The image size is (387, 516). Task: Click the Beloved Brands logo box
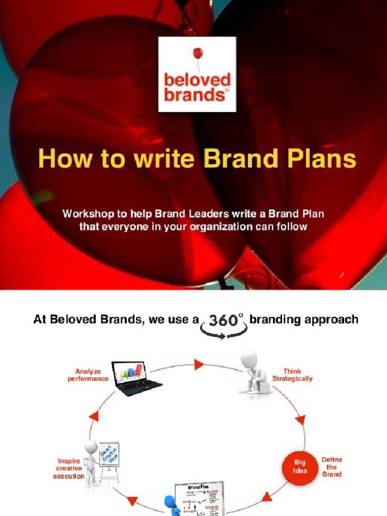(197, 74)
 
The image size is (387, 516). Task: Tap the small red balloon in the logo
(198, 53)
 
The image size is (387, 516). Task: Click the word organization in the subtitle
(221, 226)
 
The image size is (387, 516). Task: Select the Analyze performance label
(88, 375)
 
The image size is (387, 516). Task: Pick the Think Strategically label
(292, 375)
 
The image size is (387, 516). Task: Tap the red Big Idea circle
(300, 467)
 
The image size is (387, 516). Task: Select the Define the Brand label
(332, 467)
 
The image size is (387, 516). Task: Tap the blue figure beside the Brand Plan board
(171, 505)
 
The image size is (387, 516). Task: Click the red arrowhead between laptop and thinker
(199, 364)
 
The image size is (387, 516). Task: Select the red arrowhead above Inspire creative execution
(93, 416)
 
